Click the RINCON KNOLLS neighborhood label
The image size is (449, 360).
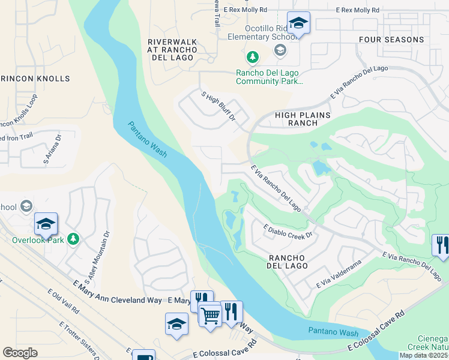click(x=35, y=79)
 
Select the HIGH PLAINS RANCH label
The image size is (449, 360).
click(x=295, y=118)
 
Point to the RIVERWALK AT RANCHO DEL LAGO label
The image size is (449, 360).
click(x=171, y=50)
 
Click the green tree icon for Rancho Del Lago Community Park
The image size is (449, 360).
click(x=253, y=57)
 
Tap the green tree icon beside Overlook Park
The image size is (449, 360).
click(x=73, y=239)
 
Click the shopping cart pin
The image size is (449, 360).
click(x=210, y=314)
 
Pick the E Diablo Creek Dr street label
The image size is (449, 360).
click(x=289, y=230)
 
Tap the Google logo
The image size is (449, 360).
click(x=20, y=353)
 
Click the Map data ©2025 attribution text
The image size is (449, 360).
click(x=423, y=355)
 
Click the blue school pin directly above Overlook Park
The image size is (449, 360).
click(x=46, y=224)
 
